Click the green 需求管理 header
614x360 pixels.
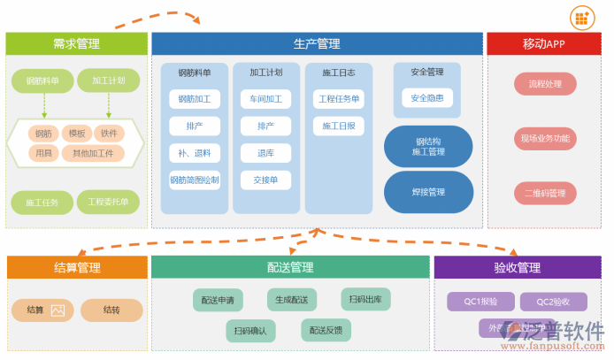pyautogui.click(x=76, y=44)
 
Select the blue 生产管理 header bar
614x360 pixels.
pyautogui.click(x=317, y=44)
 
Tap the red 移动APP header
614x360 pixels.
pyautogui.click(x=543, y=44)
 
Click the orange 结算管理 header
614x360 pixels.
pyautogui.click(x=77, y=267)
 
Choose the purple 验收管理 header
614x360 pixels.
pyautogui.click(x=517, y=267)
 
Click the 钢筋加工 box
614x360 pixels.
pyautogui.click(x=195, y=99)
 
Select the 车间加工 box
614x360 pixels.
pyautogui.click(x=265, y=99)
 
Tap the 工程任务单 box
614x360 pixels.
pyautogui.click(x=339, y=99)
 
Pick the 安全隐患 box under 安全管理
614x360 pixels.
pyautogui.click(x=427, y=98)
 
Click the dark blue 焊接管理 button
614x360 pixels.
pyautogui.click(x=428, y=192)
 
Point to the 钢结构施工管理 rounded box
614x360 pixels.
pyautogui.click(x=428, y=147)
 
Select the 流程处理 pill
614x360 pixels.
pyautogui.click(x=545, y=84)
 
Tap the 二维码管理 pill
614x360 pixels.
pyautogui.click(x=545, y=193)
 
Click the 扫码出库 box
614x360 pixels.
pyautogui.click(x=365, y=300)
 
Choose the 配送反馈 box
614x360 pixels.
pyautogui.click(x=326, y=330)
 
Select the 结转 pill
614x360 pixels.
pyautogui.click(x=111, y=310)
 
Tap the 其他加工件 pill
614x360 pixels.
pyautogui.click(x=93, y=153)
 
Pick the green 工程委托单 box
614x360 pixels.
pyautogui.click(x=108, y=202)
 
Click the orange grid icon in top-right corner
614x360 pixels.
pyautogui.click(x=581, y=18)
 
